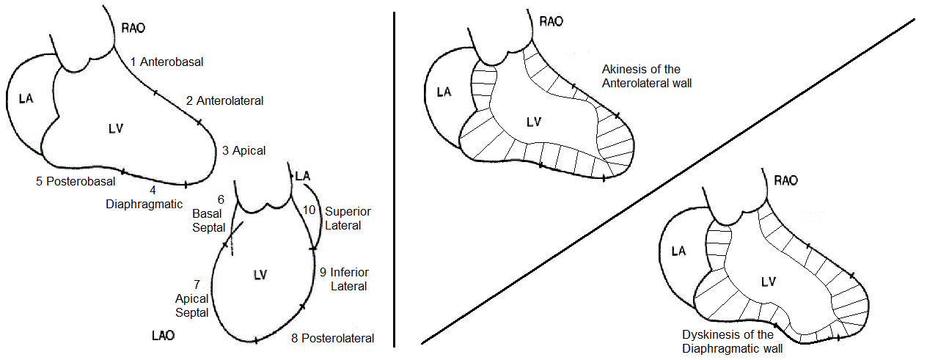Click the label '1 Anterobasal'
click(x=166, y=62)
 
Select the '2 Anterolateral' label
click(x=224, y=100)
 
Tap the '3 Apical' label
click(x=243, y=151)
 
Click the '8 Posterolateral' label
click(x=332, y=338)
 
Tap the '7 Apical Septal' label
click(x=192, y=298)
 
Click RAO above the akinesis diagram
click(x=551, y=21)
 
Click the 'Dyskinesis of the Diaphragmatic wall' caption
click(x=733, y=342)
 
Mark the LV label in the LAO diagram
click(x=259, y=274)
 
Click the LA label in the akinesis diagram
click(x=443, y=92)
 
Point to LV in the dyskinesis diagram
click(x=769, y=282)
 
